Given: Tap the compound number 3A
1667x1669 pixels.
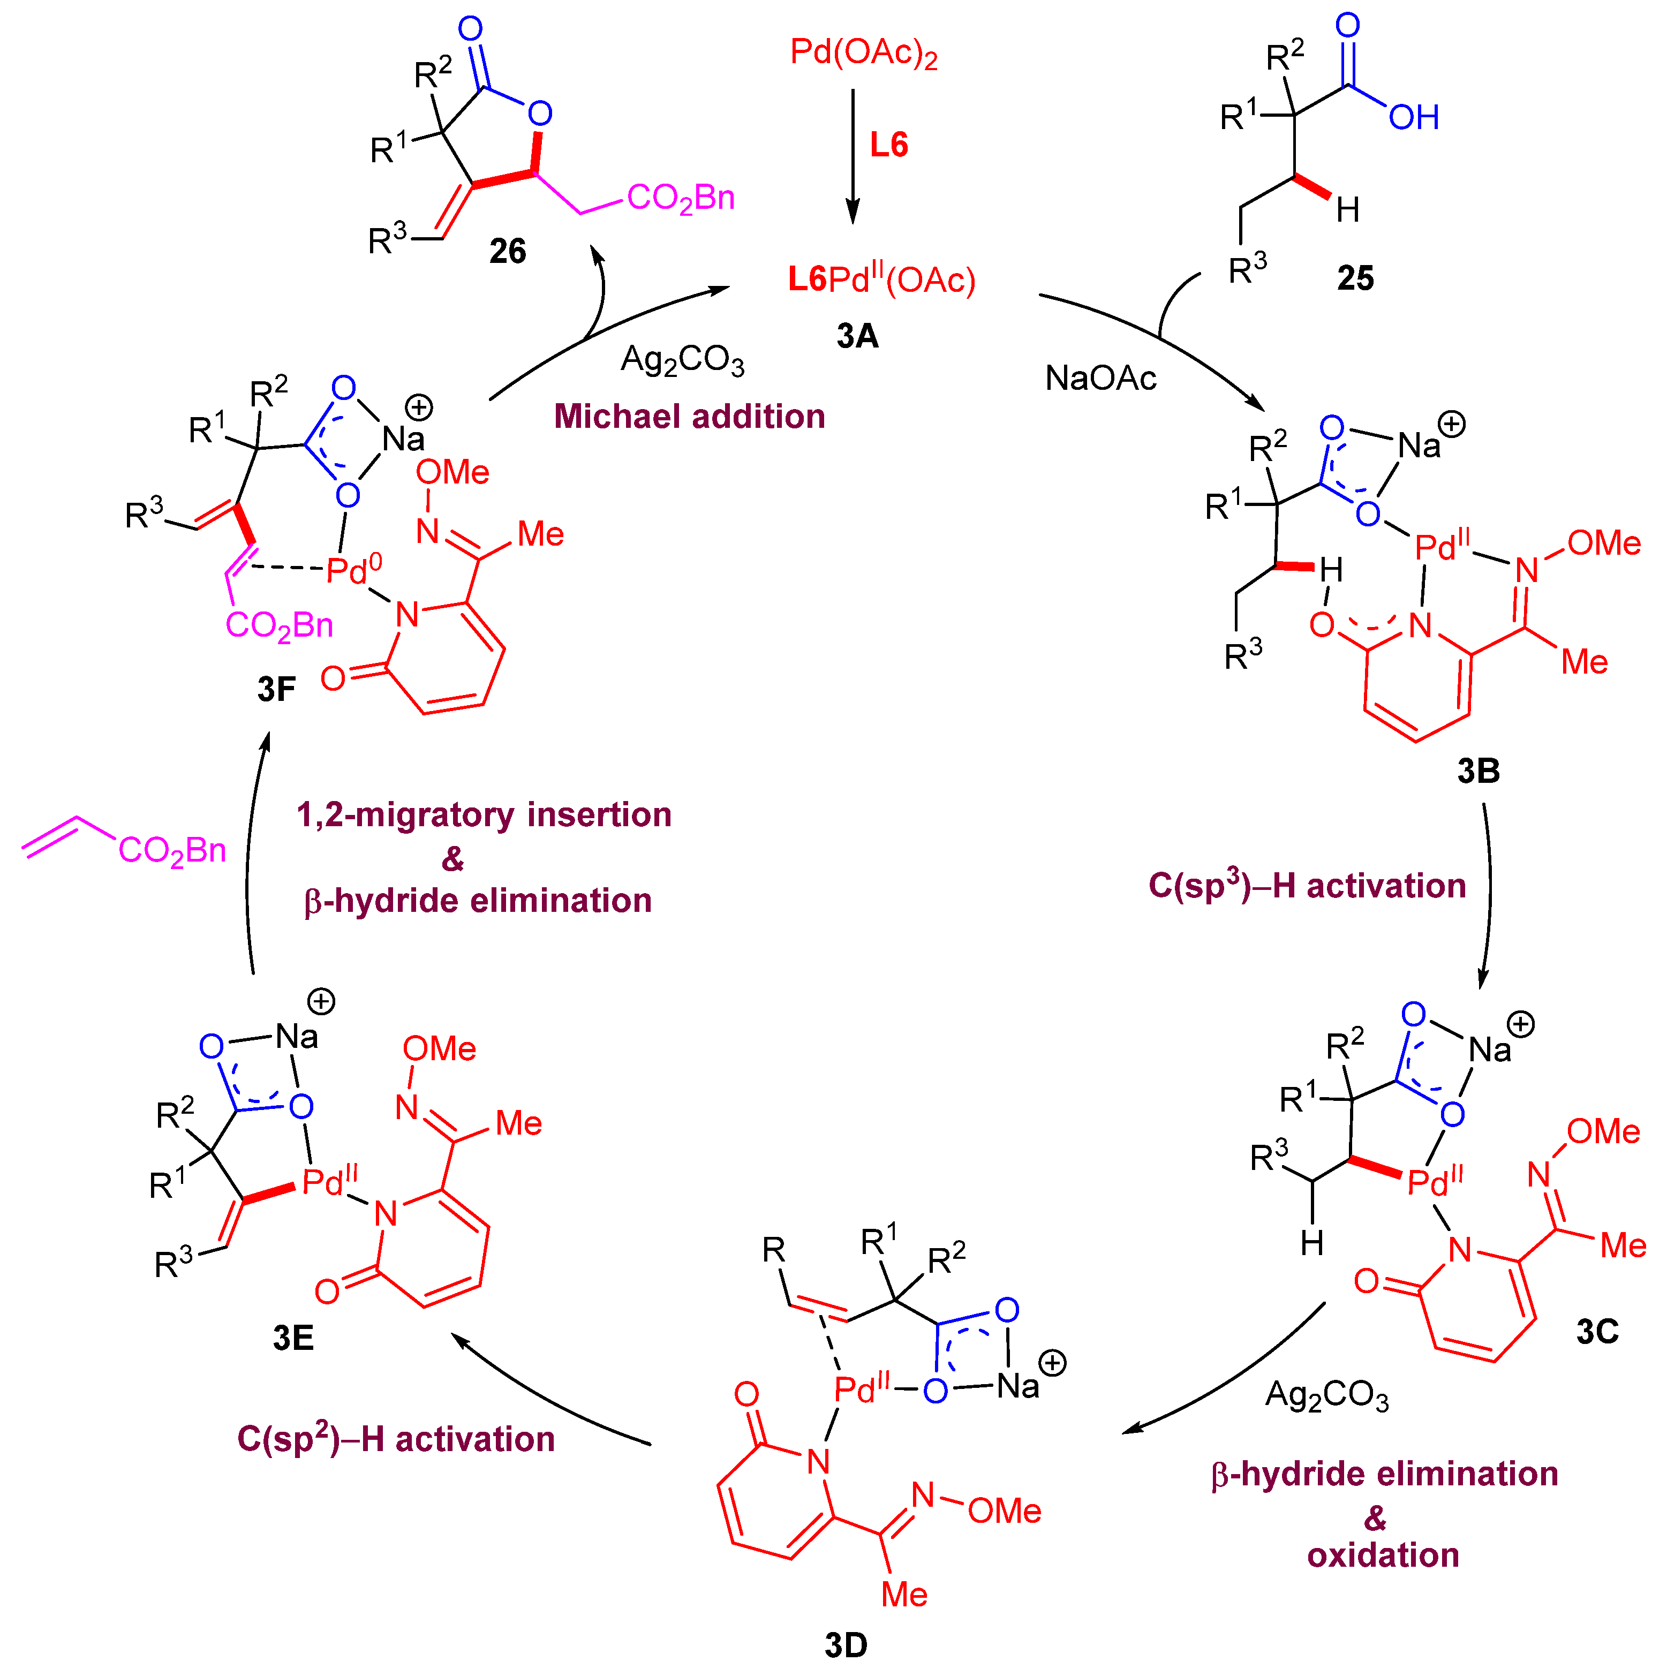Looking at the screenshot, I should pos(857,335).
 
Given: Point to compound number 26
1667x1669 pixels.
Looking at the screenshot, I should pos(507,251).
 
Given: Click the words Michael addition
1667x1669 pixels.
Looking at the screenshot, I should pos(689,417).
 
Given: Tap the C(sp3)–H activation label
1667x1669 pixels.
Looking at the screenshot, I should pos(1306,886).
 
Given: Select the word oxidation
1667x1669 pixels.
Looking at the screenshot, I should pos(1382,1554).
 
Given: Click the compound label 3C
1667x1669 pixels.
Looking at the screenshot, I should pos(1596,1331).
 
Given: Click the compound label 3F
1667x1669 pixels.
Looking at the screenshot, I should pos(276,689).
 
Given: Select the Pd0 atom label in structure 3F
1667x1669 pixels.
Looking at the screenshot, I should pos(353,569).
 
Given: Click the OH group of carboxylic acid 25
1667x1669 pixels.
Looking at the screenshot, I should pos(1413,117).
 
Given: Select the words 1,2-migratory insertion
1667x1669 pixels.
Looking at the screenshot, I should pos(484,814).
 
